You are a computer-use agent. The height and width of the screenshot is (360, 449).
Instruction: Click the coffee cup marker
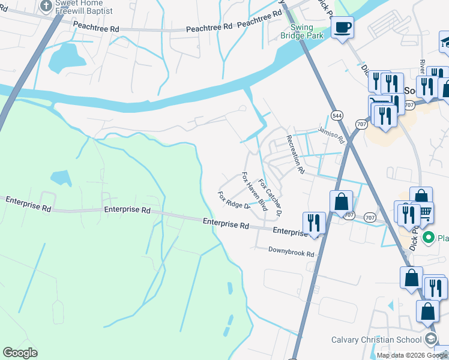click(x=342, y=28)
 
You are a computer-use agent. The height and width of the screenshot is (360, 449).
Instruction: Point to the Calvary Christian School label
click(x=376, y=340)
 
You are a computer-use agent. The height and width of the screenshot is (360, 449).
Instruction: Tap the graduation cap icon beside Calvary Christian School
click(x=430, y=339)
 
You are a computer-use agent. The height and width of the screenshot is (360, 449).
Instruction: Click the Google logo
click(x=20, y=353)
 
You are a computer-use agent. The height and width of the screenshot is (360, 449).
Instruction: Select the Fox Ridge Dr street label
click(x=234, y=200)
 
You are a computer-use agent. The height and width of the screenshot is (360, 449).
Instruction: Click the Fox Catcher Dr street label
click(x=270, y=197)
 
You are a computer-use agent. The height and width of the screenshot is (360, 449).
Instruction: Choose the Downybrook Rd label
click(x=291, y=253)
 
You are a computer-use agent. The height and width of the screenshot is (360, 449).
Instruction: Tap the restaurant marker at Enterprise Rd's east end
click(x=314, y=223)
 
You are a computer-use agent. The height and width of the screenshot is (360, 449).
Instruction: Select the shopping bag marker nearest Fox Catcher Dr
click(x=341, y=202)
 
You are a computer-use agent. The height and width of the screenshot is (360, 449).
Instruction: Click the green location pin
click(x=429, y=238)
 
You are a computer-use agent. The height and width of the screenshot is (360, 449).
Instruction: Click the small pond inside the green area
click(x=60, y=176)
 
